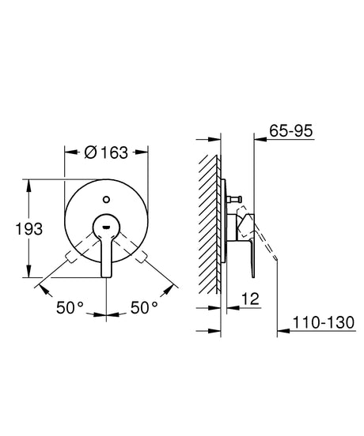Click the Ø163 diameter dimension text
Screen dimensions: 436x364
[106, 153]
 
